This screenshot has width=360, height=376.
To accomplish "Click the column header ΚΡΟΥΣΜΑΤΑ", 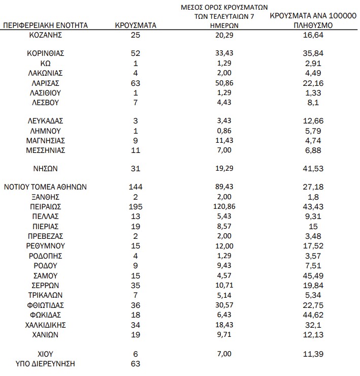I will point(135,24).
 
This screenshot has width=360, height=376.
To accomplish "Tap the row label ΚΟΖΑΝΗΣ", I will point(45,35).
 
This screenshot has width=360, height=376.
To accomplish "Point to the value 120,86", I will point(224,207).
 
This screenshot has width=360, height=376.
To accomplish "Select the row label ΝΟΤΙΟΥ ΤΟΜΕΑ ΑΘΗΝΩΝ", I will point(45,187).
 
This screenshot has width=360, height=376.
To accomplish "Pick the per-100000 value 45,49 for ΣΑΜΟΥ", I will point(313,276).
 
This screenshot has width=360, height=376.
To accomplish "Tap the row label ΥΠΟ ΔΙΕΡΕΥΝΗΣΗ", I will point(45,364).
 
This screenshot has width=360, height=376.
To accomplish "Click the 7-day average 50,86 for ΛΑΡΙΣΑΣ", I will point(224,83).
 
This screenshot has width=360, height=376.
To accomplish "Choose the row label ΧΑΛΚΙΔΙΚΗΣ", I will point(45,325).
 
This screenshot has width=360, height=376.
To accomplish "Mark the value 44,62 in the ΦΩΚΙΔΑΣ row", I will point(313,315).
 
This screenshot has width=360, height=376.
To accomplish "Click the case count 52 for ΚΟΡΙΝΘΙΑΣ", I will point(135,53).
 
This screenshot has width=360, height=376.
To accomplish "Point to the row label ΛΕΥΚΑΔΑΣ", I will point(45,121).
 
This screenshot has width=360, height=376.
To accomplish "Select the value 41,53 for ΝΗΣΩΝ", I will point(313,168).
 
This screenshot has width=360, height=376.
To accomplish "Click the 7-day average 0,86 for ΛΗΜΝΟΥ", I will point(224,131).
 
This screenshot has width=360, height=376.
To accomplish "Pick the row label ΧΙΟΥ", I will point(45,354).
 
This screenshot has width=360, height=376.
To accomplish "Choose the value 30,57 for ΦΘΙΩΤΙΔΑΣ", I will point(224,305).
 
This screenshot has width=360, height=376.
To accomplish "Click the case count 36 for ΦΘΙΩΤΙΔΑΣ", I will point(135,305).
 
